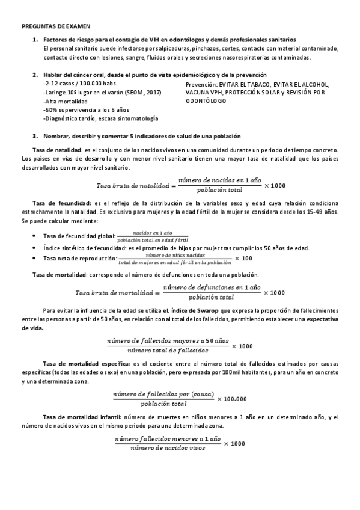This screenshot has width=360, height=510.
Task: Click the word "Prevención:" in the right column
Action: (x=201, y=84)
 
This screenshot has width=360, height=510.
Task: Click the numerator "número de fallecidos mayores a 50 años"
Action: (x=168, y=341)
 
